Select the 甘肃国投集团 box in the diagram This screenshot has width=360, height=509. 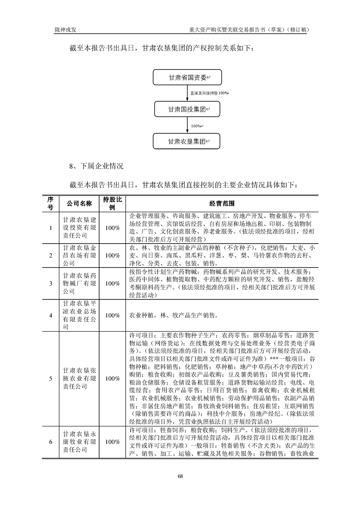coord(187,109)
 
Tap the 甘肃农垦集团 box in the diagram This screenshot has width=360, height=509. coord(187,142)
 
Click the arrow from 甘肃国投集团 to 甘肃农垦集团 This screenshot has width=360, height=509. coord(187,126)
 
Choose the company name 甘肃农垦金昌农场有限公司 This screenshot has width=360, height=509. coord(79,255)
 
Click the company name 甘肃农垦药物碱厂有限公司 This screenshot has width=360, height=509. coord(79,283)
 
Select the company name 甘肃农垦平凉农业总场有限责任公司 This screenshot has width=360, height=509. coord(79,315)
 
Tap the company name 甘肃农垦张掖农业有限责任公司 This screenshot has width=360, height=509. coord(79,378)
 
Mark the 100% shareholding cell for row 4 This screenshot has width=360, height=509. coord(112,315)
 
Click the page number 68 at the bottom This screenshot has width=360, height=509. coord(180,476)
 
